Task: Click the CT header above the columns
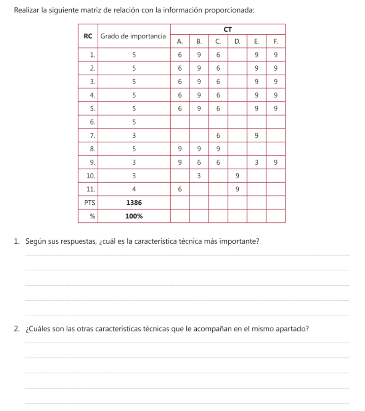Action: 228,29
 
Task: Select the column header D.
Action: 237,41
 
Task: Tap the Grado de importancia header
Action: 133,36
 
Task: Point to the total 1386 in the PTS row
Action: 134,203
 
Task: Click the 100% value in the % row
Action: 134,216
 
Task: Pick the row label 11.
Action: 91,189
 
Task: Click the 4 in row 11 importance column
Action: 134,189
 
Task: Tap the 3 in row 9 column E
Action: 256,162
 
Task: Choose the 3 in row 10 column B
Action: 199,176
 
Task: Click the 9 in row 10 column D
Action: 237,176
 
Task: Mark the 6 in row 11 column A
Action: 180,189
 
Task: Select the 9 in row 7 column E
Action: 256,135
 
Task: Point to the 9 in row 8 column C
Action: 218,149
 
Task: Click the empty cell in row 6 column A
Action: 180,122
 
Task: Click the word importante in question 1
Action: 242,241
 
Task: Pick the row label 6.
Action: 92,122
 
